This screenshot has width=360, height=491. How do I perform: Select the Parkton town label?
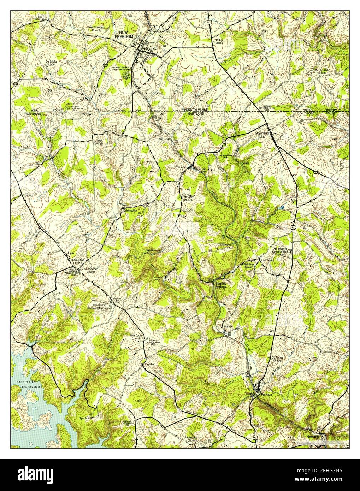tap(266, 394)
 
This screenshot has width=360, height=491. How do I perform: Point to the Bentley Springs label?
tap(223, 285)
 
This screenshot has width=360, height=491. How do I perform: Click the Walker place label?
tap(228, 327)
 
